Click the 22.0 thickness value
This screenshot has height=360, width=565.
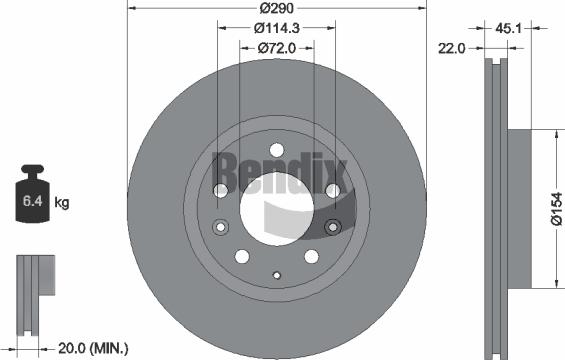pyautogui.click(x=453, y=47)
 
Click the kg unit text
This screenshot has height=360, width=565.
pyautogui.click(x=61, y=203)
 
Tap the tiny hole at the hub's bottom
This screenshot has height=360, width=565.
pyautogui.click(x=277, y=274)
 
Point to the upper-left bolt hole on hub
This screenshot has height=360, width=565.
pyautogui.click(x=221, y=190)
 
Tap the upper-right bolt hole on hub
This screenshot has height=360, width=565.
pyautogui.click(x=335, y=190)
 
